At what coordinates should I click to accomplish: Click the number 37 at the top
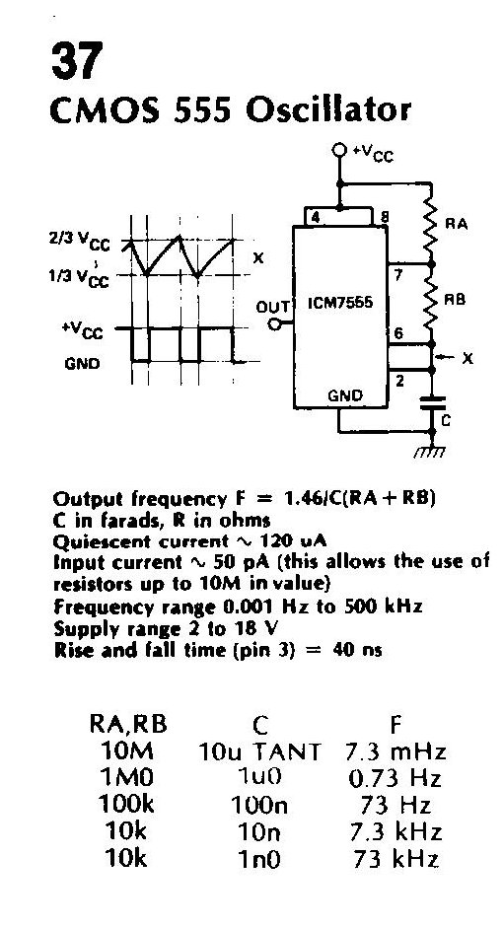click(x=77, y=60)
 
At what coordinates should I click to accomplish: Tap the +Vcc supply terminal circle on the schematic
click(x=339, y=150)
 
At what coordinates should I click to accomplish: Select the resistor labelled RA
click(x=431, y=223)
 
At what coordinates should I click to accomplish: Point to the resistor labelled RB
click(x=431, y=302)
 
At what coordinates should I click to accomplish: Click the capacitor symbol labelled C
click(x=432, y=403)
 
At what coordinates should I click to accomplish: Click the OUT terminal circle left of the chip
click(x=274, y=324)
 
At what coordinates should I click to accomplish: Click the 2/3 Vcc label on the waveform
click(x=80, y=240)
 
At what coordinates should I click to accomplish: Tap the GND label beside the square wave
click(x=82, y=363)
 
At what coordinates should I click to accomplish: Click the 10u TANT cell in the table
click(x=259, y=751)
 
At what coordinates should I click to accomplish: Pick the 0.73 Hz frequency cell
click(x=395, y=778)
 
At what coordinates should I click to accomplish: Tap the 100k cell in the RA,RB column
click(x=126, y=804)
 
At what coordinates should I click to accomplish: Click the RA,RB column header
click(x=128, y=724)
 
